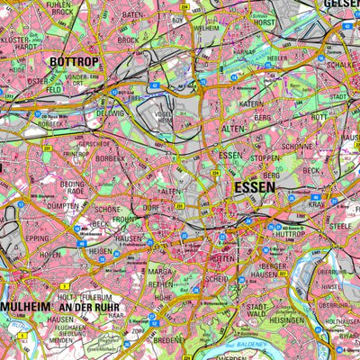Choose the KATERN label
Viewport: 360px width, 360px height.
tap(227, 105)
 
